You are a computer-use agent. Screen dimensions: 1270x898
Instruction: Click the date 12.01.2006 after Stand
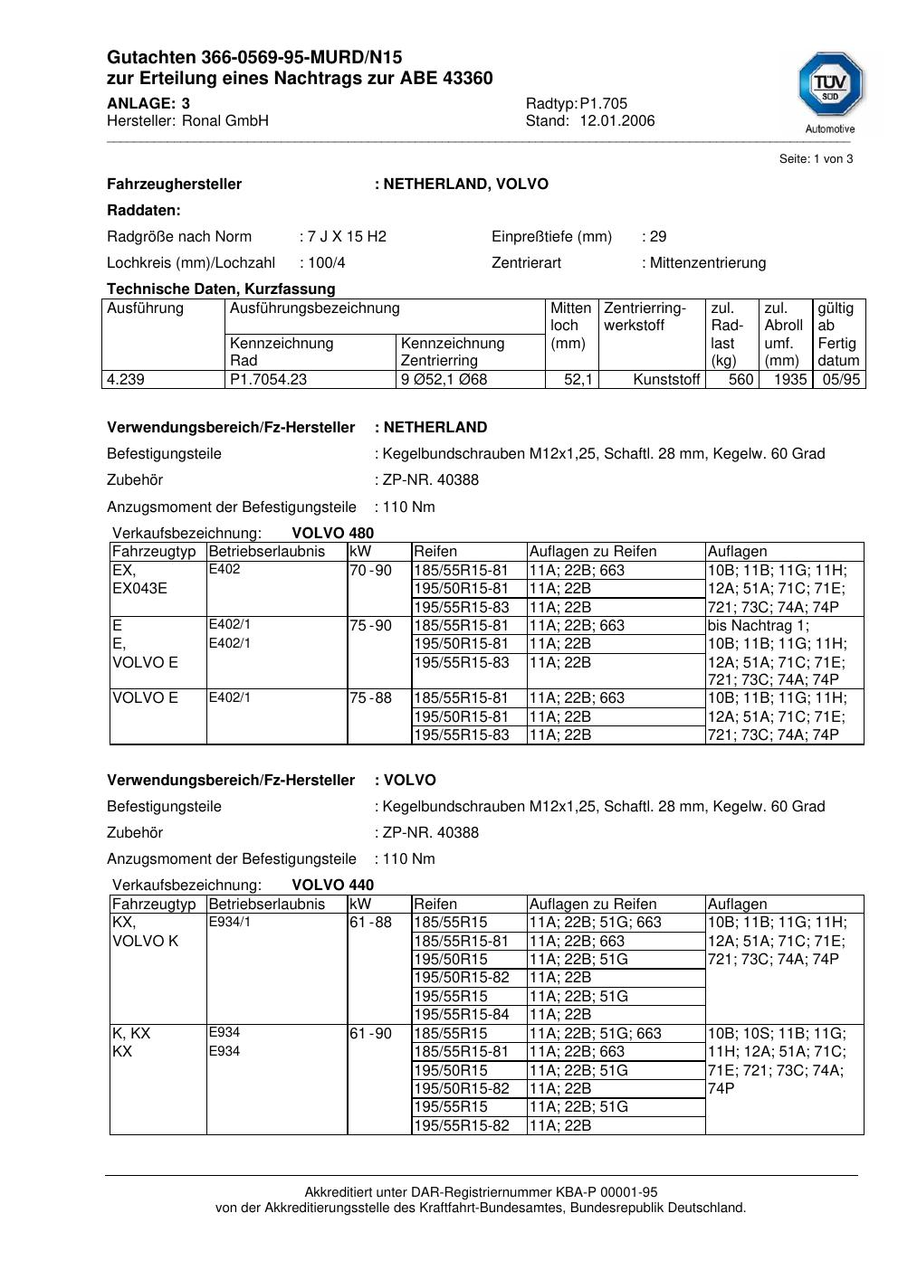[x=617, y=121]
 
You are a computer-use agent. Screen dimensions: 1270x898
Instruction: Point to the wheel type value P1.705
[x=604, y=104]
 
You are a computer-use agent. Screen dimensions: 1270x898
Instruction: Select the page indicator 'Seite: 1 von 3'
[x=816, y=159]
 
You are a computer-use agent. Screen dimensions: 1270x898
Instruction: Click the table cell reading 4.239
[x=126, y=380]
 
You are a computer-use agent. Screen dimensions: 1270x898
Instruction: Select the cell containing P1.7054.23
[x=269, y=380]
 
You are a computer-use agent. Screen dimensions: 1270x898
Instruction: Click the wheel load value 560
[x=740, y=380]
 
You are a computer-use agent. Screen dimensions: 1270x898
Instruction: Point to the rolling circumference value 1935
[x=789, y=380]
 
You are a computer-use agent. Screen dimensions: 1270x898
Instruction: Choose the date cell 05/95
[x=841, y=380]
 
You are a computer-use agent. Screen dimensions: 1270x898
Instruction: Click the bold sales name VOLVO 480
[x=332, y=534]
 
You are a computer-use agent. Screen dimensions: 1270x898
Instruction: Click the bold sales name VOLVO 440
[x=332, y=886]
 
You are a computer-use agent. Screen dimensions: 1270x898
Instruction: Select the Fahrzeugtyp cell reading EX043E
[x=139, y=589]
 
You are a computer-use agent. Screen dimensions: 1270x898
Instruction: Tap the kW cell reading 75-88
[x=371, y=698]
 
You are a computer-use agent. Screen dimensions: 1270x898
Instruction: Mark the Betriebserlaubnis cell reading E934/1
[x=230, y=923]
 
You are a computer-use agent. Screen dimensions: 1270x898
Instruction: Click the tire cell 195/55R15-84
[x=462, y=1015]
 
